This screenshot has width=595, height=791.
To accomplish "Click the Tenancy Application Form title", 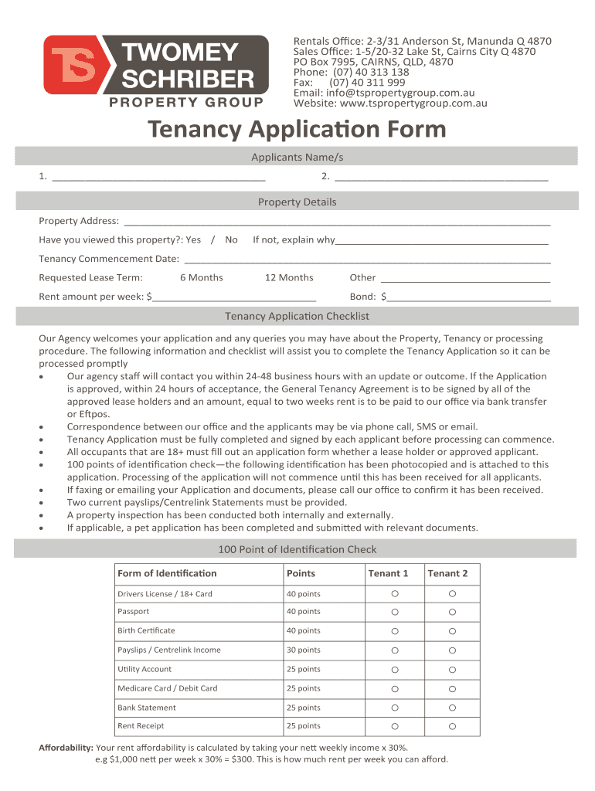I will pyautogui.click(x=297, y=129).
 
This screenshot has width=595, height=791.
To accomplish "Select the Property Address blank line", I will pyautogui.click(x=337, y=222).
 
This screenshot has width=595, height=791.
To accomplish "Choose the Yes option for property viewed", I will pyautogui.click(x=193, y=239).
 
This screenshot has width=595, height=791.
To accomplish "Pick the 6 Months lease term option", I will pyautogui.click(x=201, y=277).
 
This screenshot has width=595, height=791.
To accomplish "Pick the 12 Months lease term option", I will pyautogui.click(x=289, y=277).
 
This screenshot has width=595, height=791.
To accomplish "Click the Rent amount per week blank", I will pyautogui.click(x=234, y=297).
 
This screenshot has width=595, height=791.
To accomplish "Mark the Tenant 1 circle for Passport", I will pyautogui.click(x=394, y=612).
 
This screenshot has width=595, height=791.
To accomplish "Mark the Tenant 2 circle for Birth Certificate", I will pyautogui.click(x=453, y=631).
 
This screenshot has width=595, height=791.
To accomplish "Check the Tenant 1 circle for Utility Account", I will pyautogui.click(x=394, y=670).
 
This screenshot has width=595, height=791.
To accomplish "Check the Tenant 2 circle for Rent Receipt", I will pyautogui.click(x=453, y=726).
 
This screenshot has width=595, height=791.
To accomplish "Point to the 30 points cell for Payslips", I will pyautogui.click(x=304, y=650).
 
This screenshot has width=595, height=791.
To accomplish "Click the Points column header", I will pyautogui.click(x=301, y=573).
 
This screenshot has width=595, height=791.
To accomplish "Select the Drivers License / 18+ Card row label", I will pyautogui.click(x=165, y=594).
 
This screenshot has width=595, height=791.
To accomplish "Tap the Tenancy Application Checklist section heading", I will pyautogui.click(x=297, y=316).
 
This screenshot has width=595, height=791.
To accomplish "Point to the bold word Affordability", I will pyautogui.click(x=66, y=748).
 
